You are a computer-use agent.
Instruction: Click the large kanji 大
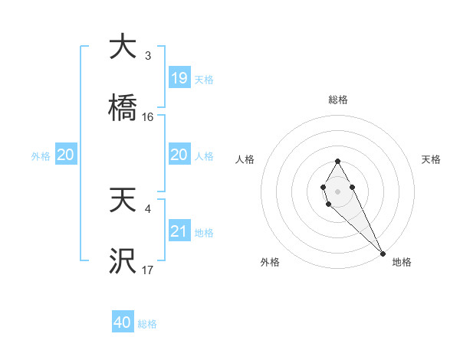tap(123, 47)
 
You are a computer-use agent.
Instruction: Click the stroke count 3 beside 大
tap(147, 56)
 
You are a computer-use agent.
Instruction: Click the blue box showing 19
tap(179, 78)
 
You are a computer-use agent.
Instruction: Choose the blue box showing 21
tap(179, 231)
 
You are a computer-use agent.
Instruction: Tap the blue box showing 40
tap(123, 323)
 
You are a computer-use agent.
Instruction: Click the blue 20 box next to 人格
tap(179, 155)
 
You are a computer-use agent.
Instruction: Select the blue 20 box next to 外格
tap(66, 155)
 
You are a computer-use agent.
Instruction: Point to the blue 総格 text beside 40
tap(147, 324)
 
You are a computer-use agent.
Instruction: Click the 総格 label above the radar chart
tap(338, 100)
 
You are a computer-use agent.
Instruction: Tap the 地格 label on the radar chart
tap(402, 262)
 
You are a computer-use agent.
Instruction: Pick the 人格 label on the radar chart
tap(246, 159)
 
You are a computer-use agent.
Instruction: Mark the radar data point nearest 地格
tap(383, 253)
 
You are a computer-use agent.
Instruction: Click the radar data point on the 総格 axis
tap(337, 161)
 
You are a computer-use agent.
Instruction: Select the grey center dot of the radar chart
tap(337, 190)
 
